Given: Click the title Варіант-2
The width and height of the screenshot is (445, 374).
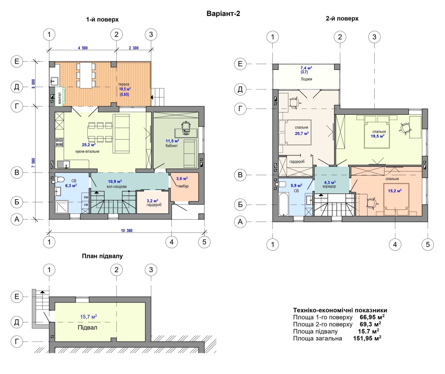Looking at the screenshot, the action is click(x=223, y=14).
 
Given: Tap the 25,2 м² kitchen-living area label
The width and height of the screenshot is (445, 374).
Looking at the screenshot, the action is click(x=89, y=145).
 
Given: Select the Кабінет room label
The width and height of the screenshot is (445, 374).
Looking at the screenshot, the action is click(x=172, y=146).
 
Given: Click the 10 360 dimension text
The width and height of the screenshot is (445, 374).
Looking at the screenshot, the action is click(x=126, y=230).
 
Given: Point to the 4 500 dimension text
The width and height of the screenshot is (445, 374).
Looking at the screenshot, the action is click(x=83, y=48).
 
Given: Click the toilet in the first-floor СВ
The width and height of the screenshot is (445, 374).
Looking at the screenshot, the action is click(x=58, y=180).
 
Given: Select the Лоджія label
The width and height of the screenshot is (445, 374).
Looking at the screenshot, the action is click(x=307, y=79).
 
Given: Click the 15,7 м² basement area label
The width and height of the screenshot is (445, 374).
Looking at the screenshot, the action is click(x=89, y=317).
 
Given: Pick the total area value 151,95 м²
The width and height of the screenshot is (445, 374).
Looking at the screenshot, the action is click(x=367, y=338).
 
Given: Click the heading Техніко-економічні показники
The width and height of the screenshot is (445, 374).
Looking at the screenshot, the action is click(x=340, y=310).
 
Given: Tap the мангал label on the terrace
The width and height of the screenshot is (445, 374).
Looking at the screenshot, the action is click(x=60, y=98).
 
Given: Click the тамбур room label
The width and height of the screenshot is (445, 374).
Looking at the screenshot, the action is click(x=183, y=186).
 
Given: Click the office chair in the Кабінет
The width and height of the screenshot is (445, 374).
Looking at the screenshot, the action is click(x=186, y=126).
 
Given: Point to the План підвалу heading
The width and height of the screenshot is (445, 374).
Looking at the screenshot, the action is click(x=102, y=256).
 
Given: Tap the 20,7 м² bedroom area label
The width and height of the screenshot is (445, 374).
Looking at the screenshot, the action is click(x=302, y=133).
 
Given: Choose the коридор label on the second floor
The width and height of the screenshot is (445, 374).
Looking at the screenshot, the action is click(x=329, y=187).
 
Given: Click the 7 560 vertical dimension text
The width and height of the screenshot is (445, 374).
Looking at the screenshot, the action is click(x=33, y=163).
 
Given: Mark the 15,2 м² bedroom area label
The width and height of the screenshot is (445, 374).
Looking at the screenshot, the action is click(x=395, y=191).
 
